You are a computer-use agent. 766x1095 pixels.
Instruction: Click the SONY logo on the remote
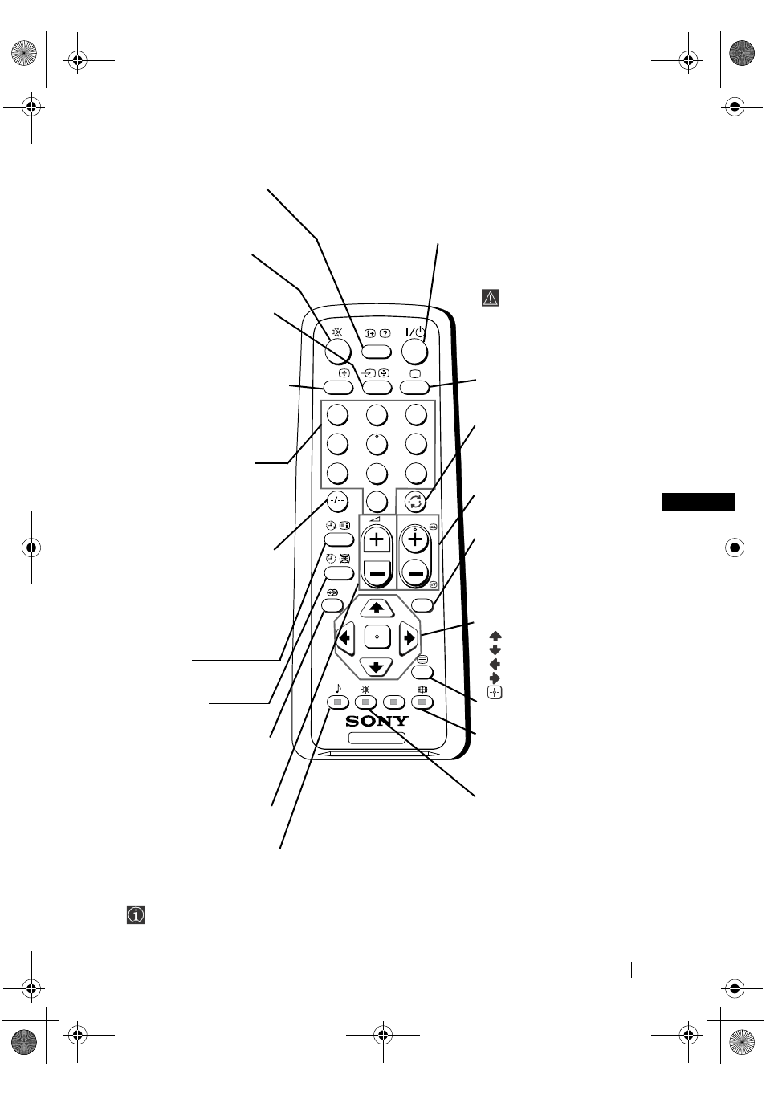pyautogui.click(x=377, y=721)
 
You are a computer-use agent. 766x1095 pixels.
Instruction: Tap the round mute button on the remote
pyautogui.click(x=338, y=351)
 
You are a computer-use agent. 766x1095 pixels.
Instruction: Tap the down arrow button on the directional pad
pyautogui.click(x=377, y=667)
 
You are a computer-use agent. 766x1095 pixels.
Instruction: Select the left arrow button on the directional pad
pyautogui.click(x=344, y=638)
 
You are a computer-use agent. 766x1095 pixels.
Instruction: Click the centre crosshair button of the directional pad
pyautogui.click(x=377, y=637)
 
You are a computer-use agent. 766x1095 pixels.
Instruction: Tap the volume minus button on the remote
pyautogui.click(x=377, y=572)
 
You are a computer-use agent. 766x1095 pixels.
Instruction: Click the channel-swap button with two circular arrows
pyautogui.click(x=415, y=501)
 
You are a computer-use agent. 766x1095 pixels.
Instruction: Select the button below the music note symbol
pyautogui.click(x=338, y=703)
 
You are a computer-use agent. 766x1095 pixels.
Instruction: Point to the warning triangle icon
pyautogui.click(x=491, y=298)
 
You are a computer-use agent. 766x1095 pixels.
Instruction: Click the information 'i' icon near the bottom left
pyautogui.click(x=136, y=914)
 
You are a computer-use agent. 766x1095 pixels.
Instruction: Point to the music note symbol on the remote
pyautogui.click(x=338, y=688)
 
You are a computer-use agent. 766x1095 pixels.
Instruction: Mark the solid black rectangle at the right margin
pyautogui.click(x=698, y=502)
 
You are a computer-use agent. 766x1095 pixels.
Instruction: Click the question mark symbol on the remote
pyautogui.click(x=385, y=334)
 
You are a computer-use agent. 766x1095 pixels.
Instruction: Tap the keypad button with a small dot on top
pyautogui.click(x=377, y=445)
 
